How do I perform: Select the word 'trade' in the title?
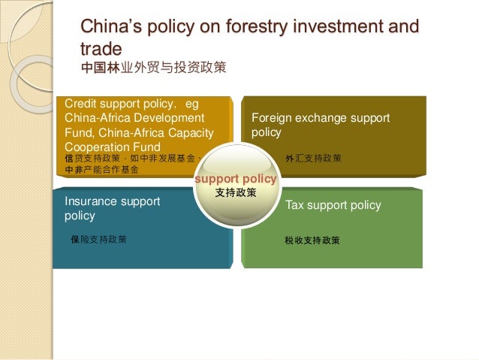click(101, 49)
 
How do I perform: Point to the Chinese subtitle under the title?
click(153, 68)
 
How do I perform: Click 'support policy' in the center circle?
click(236, 180)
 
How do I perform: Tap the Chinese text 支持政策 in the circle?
click(236, 192)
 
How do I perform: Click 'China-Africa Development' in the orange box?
click(134, 118)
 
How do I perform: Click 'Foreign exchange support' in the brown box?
click(321, 119)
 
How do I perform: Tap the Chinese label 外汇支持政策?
click(313, 159)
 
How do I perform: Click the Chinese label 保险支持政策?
click(98, 240)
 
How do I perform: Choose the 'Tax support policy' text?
click(333, 205)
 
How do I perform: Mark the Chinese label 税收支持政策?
click(312, 241)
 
